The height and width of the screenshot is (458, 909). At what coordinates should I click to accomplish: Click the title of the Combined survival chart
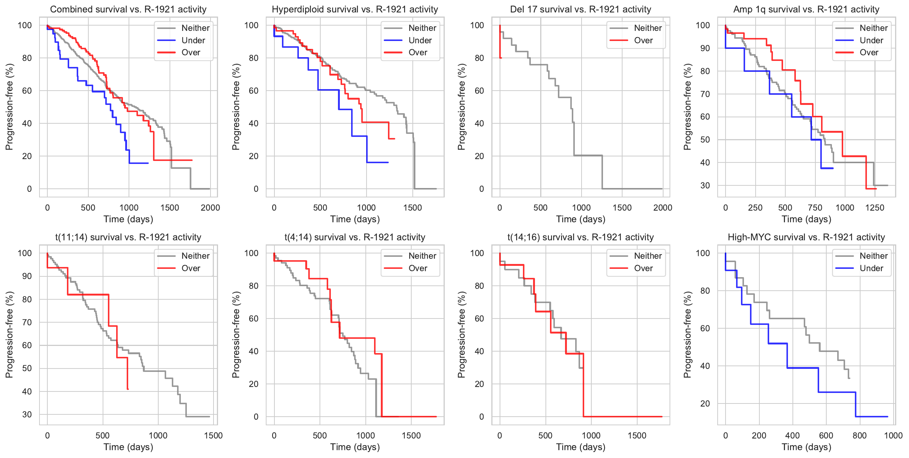[128, 9]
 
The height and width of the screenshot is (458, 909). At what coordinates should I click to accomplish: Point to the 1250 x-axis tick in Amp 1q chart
[875, 208]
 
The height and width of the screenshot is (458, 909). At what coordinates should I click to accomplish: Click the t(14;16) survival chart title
[580, 237]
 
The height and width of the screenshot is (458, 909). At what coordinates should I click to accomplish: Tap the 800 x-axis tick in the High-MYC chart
[860, 435]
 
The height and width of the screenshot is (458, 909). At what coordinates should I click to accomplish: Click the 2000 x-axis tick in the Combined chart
[210, 208]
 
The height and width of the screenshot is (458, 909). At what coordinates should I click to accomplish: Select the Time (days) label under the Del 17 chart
[580, 219]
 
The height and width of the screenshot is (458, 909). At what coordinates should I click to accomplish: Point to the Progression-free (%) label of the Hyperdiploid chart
[236, 107]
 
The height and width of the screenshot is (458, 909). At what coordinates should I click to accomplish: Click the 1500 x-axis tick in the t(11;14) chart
[213, 435]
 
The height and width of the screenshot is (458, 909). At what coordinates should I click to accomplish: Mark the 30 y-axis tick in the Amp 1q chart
[705, 185]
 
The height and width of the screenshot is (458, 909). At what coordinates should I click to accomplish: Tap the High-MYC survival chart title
[806, 237]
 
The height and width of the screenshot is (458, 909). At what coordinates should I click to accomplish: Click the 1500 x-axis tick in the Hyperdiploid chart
[412, 208]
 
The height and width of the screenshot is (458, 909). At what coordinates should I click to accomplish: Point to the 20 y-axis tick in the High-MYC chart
[705, 403]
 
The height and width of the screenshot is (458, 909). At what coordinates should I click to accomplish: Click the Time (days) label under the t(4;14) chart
[355, 447]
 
